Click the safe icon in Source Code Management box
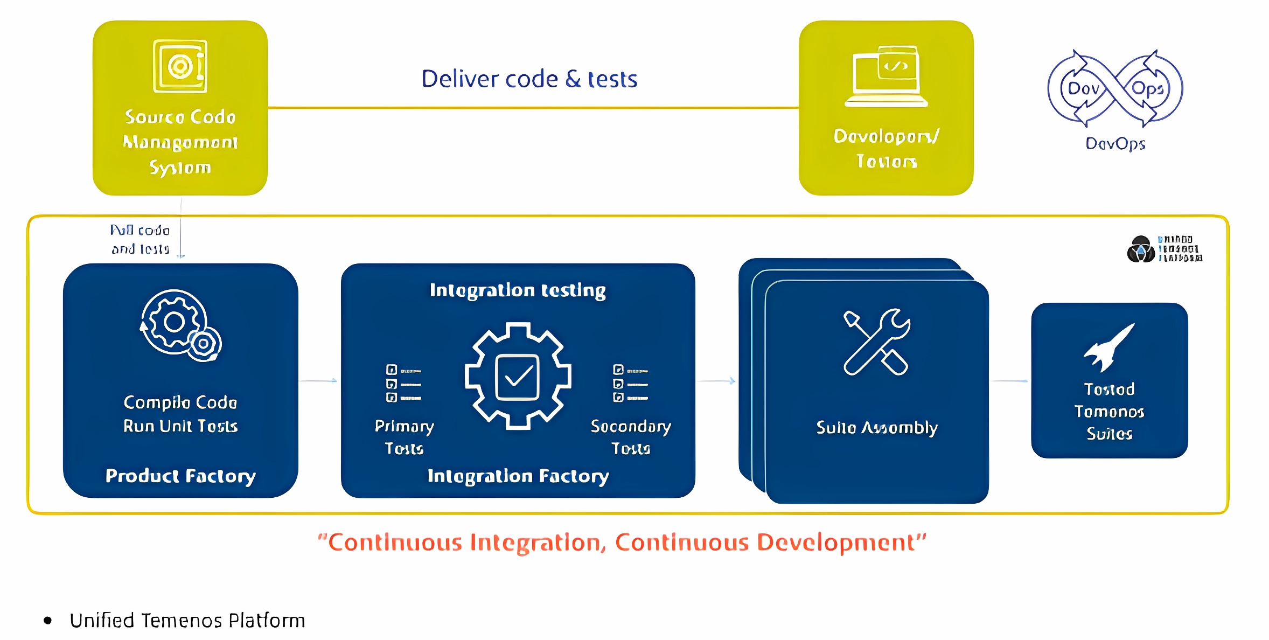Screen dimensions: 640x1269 tap(180, 66)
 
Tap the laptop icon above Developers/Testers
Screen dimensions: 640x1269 tap(887, 76)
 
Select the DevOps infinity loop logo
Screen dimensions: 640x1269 tap(1115, 88)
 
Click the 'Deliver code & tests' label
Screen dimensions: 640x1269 tap(529, 79)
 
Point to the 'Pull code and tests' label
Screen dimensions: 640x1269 tap(140, 239)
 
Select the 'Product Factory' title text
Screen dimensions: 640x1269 tap(180, 476)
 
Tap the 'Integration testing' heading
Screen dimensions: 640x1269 tap(518, 290)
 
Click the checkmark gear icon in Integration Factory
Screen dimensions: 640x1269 tap(518, 376)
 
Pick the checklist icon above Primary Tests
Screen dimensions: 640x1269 tap(403, 384)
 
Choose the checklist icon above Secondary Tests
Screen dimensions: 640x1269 tap(630, 384)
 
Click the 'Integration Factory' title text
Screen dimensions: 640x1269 tap(518, 476)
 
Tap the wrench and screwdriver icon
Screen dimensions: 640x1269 tap(876, 342)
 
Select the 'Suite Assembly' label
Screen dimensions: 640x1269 tap(876, 427)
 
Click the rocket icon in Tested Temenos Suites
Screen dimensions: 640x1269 tap(1110, 347)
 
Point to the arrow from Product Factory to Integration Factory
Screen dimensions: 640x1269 tap(318, 381)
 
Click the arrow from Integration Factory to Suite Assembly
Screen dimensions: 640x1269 tap(717, 381)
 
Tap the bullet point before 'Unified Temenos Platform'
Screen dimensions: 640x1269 tap(48, 621)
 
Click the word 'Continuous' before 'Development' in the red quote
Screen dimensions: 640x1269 tap(682, 542)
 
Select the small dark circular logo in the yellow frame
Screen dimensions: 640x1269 tap(1140, 249)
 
